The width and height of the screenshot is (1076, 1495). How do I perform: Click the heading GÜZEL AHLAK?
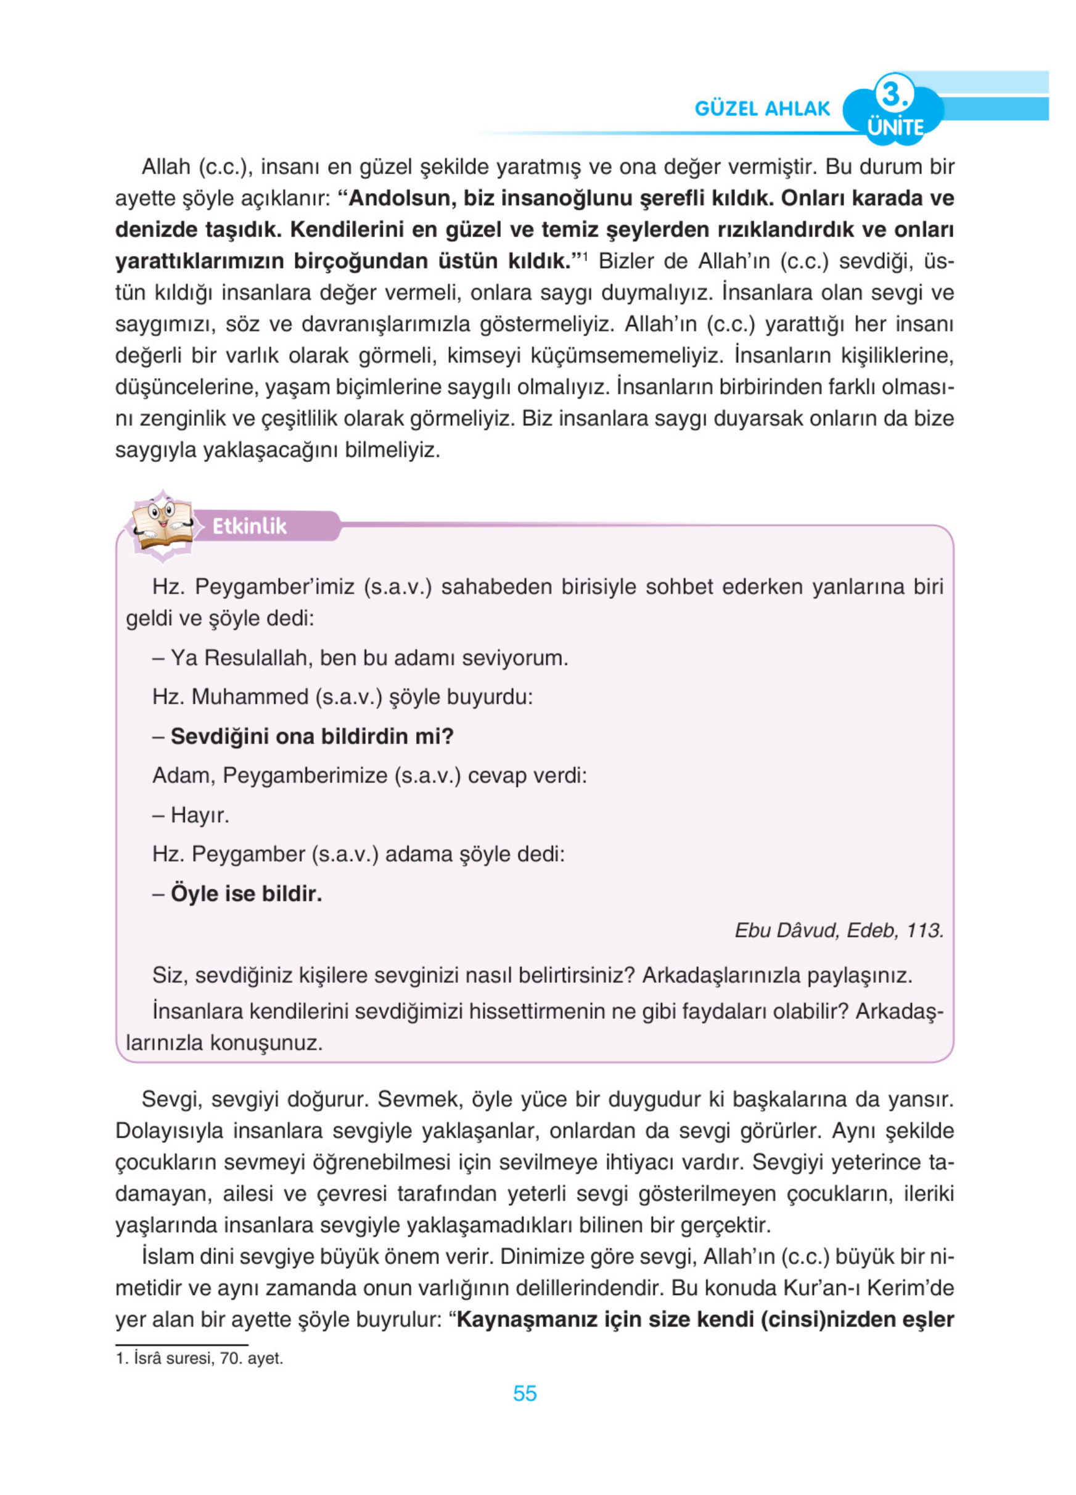pos(762,109)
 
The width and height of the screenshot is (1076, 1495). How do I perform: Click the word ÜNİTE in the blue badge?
pos(895,126)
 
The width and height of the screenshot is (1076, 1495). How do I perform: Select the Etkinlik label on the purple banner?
pos(249,526)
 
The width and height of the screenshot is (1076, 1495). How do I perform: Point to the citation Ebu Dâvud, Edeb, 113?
pos(839,930)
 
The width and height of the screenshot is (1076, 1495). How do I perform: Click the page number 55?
pos(525,1393)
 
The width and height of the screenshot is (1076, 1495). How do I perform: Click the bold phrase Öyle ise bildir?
pos(246,893)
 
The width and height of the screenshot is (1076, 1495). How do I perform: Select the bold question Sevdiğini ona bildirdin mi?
pos(311,736)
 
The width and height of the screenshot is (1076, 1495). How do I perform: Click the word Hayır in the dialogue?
pos(199,815)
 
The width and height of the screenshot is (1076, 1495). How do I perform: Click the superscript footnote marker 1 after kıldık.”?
pos(585,255)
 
